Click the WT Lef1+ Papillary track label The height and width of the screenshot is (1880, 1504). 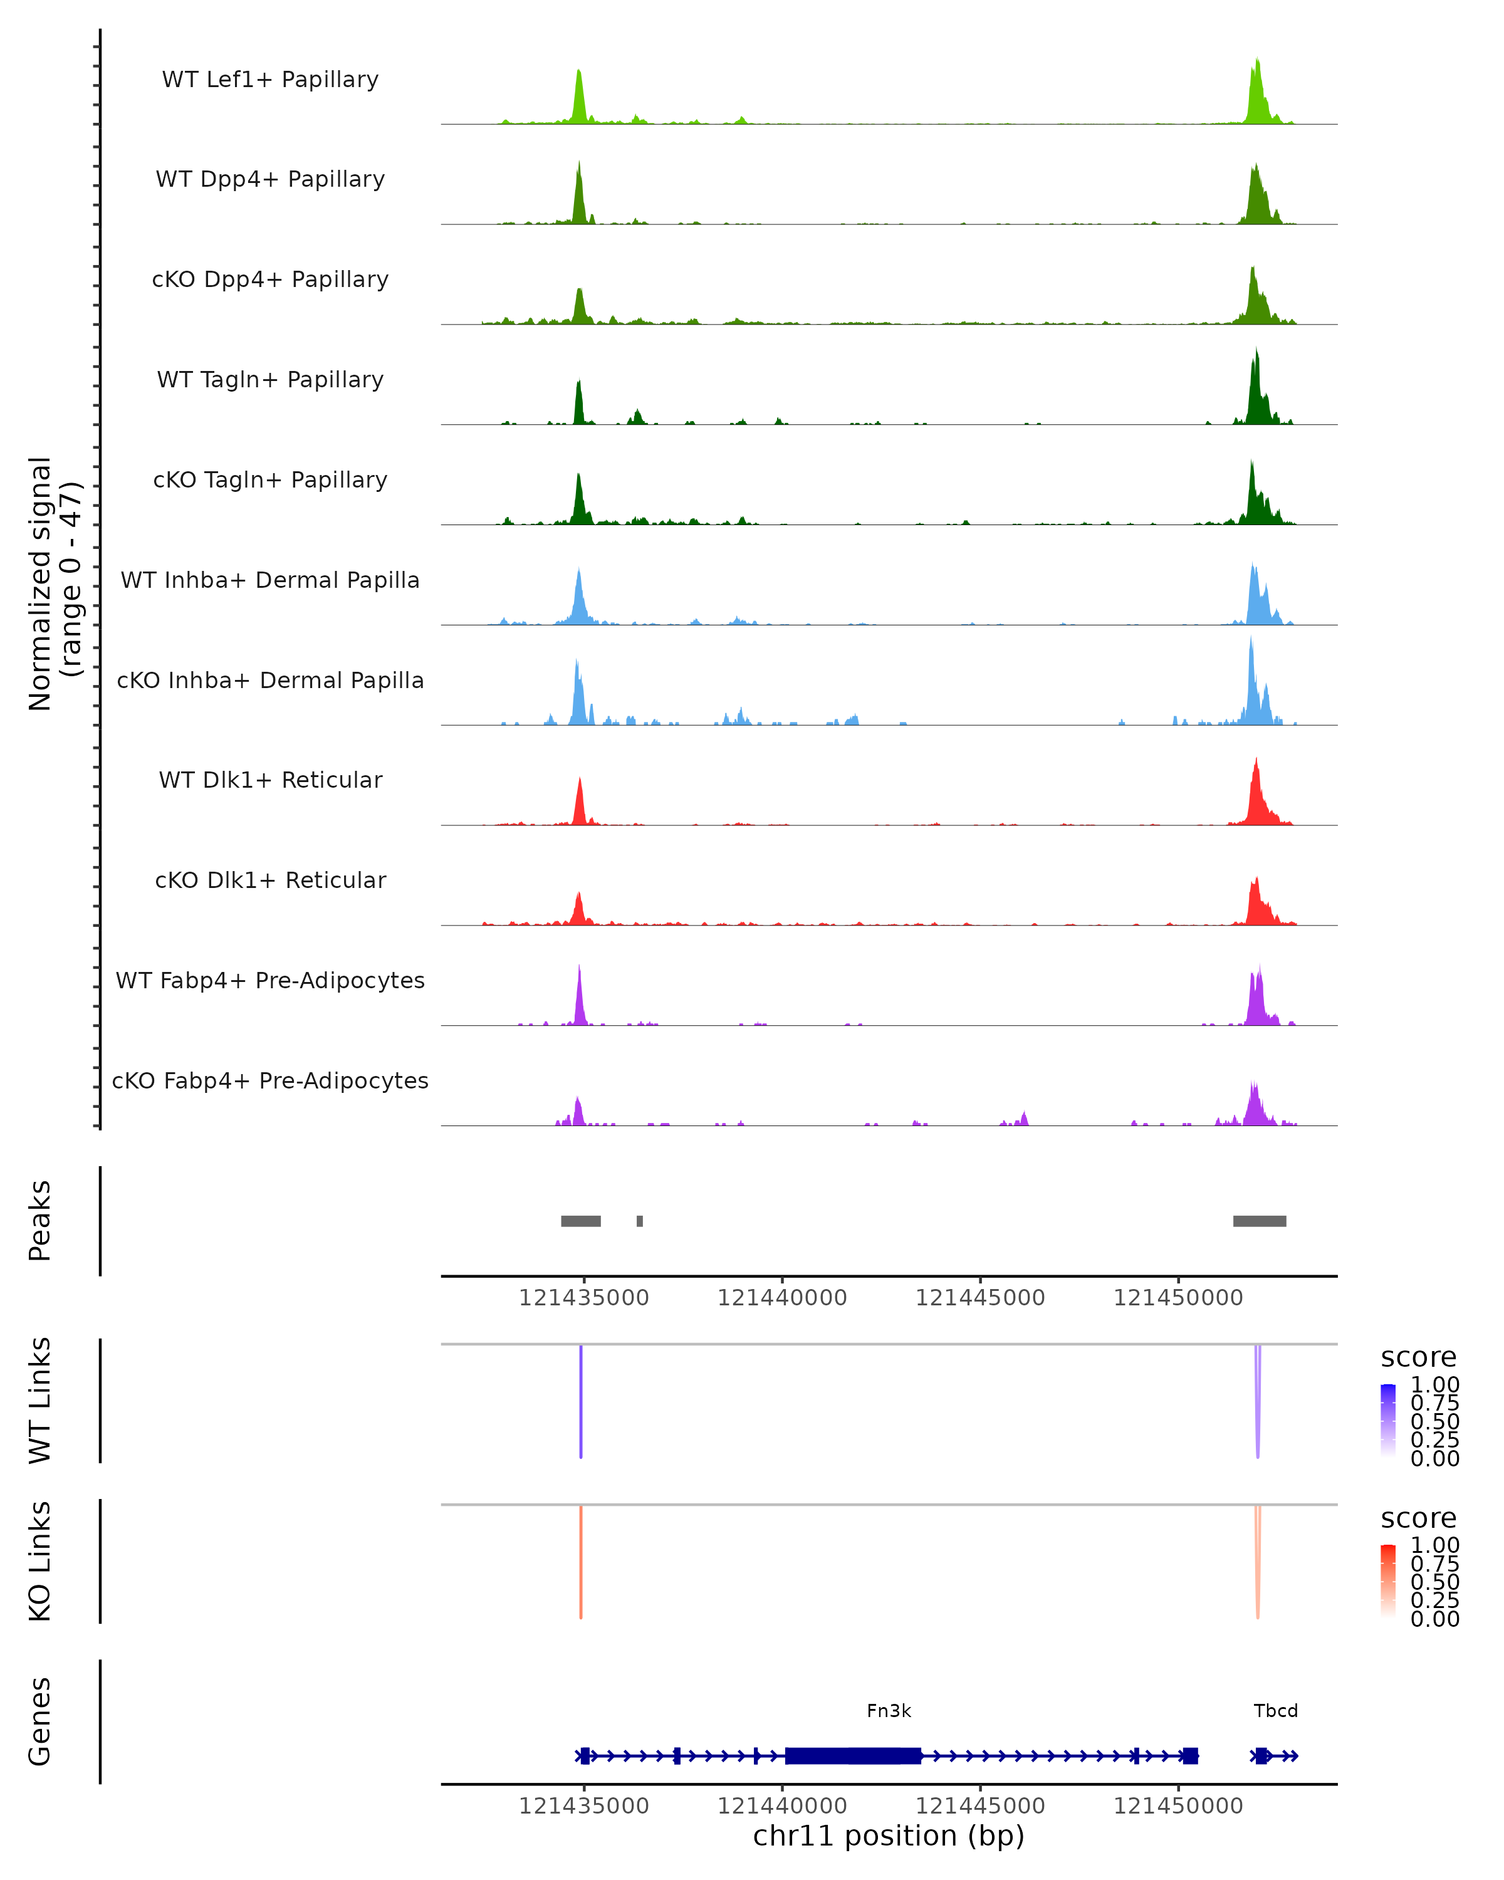(270, 80)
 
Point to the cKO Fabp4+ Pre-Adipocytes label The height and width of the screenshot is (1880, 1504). (270, 1080)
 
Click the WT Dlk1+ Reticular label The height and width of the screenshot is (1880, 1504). (270, 780)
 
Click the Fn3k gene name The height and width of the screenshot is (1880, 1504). (889, 1711)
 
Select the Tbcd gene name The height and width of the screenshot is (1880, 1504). (1275, 1711)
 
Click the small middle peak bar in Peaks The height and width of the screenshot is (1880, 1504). (639, 1221)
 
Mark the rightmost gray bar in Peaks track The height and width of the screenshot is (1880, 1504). (1259, 1221)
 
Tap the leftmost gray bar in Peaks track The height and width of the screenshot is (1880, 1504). (581, 1221)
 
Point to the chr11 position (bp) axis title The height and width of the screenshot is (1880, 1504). (889, 1836)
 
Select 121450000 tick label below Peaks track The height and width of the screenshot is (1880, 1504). (1178, 1298)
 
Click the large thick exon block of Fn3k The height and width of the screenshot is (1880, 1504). (853, 1755)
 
